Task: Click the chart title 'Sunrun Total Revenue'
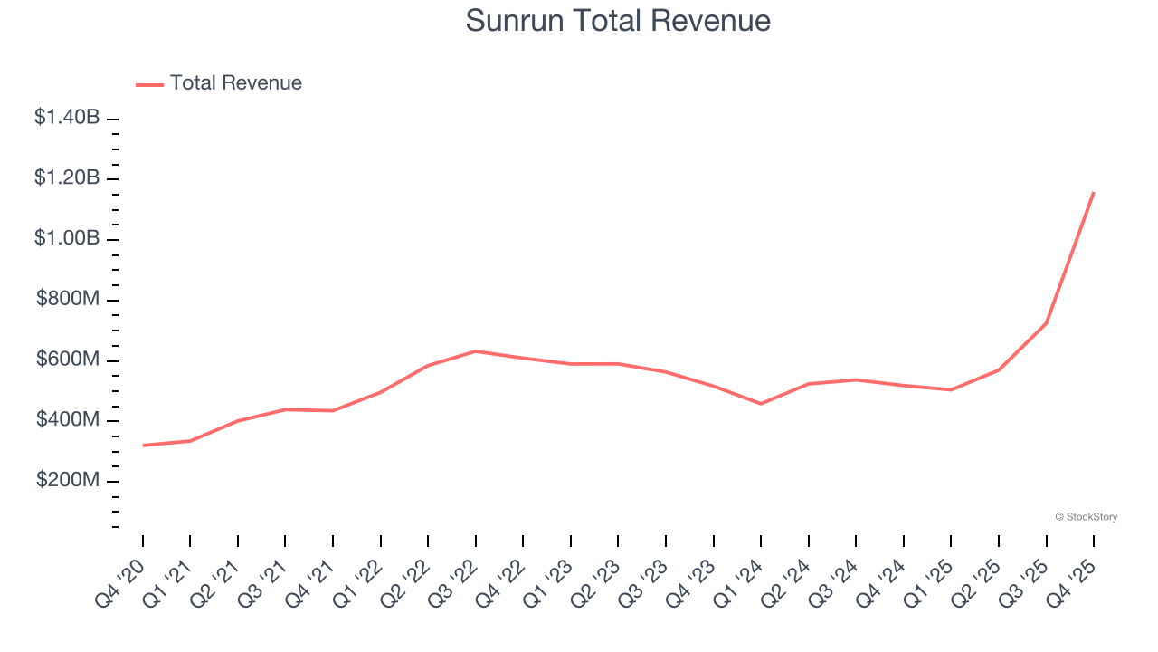click(x=618, y=20)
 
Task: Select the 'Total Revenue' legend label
click(x=235, y=83)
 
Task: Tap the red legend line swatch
click(x=149, y=84)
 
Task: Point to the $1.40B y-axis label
click(x=67, y=117)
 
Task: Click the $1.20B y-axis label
click(x=67, y=177)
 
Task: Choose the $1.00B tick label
click(x=67, y=238)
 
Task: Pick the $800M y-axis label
click(x=68, y=299)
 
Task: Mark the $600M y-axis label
click(x=68, y=360)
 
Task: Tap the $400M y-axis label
click(x=68, y=420)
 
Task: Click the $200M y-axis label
click(x=68, y=480)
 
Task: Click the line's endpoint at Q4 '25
click(x=1094, y=192)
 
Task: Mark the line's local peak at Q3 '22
click(x=476, y=350)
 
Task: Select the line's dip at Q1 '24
click(x=761, y=404)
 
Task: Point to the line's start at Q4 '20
click(x=143, y=446)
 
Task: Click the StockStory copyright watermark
click(x=1086, y=517)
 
